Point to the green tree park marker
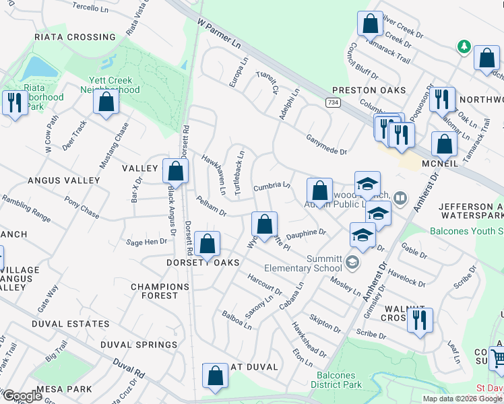[463, 46]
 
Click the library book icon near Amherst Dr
[401, 197]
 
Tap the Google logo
[22, 396]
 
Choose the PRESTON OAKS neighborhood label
[369, 90]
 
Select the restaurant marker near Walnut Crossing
[420, 319]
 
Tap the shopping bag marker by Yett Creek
[106, 102]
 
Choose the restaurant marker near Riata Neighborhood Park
[13, 102]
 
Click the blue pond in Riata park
[38, 68]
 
